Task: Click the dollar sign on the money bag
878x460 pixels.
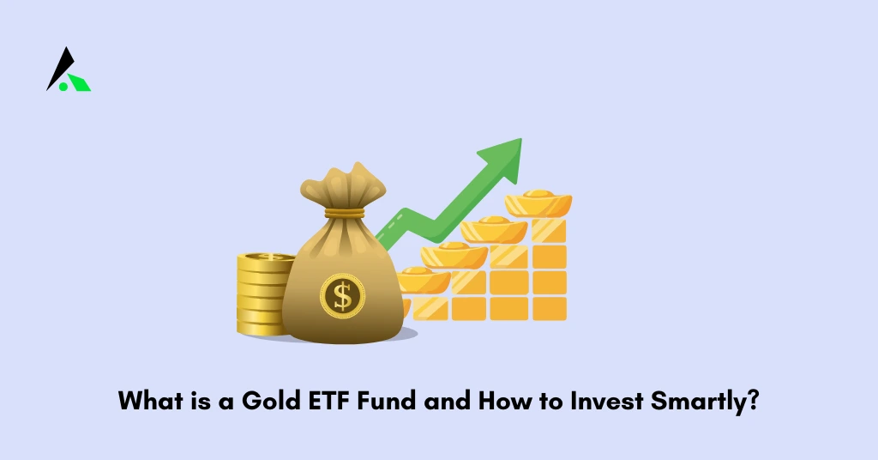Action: [343, 296]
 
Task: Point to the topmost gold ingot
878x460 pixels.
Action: [538, 203]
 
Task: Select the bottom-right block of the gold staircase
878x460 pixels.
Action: [549, 307]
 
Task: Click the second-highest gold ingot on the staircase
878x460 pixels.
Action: [493, 228]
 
